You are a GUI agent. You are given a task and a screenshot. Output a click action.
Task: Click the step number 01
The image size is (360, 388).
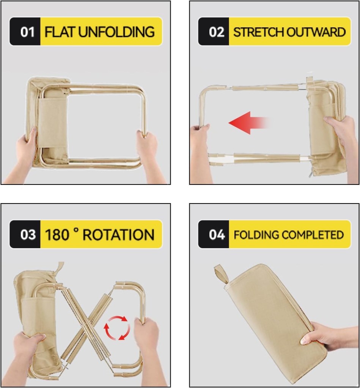pyautogui.click(x=28, y=32)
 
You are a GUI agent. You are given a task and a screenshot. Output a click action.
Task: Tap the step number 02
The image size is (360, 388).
pyautogui.click(x=217, y=32)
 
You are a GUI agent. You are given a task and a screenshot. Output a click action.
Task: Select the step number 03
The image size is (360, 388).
pyautogui.click(x=28, y=235)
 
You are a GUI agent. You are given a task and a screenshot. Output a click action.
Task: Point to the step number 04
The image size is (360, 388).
pyautogui.click(x=217, y=235)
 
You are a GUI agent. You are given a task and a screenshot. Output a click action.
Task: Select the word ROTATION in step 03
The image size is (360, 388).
pyautogui.click(x=118, y=235)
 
